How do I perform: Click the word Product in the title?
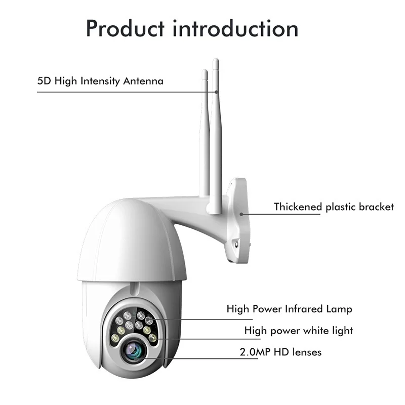125,28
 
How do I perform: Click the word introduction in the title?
235,28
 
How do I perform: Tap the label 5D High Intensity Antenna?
100,81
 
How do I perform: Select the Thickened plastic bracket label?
334,207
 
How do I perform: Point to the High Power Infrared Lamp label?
289,309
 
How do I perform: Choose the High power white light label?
299,331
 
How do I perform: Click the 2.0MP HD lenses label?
280,352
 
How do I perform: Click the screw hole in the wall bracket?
236,244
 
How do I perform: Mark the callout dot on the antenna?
217,92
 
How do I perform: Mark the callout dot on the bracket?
241,214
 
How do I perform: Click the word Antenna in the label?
143,81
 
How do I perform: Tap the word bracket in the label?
377,207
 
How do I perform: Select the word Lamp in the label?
339,309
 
